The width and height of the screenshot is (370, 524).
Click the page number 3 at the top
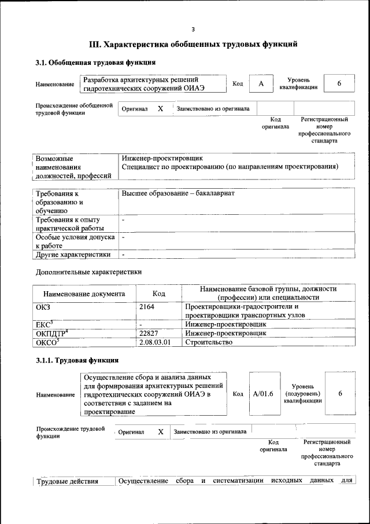pos(194,30)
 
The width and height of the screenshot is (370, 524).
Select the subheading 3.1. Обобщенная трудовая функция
pos(95,63)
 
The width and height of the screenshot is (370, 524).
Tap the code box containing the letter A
pos(261,84)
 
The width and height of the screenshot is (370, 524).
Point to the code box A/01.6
pos(263,394)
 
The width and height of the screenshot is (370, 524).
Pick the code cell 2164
pos(147,307)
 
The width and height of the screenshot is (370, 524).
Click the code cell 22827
pos(149,333)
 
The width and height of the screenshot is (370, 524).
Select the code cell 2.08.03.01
pos(156,342)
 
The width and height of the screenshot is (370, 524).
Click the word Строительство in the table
pos(208,342)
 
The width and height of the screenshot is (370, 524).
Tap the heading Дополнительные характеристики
pos(88,272)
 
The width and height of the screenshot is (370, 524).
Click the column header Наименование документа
pos(84,294)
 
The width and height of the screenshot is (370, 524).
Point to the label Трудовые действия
pos(67,481)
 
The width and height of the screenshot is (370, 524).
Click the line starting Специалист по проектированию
pos(230,167)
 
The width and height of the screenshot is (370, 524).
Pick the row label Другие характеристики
pos(73,254)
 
